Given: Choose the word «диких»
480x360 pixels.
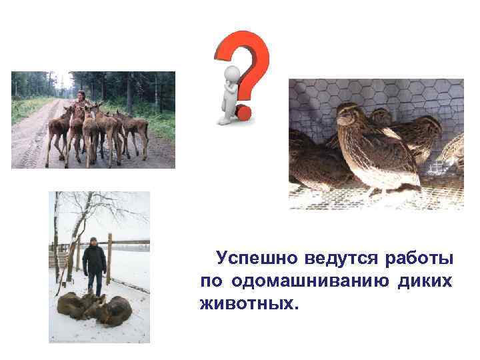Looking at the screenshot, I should point(425,281).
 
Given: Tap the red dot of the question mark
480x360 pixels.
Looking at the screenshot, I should point(245,113).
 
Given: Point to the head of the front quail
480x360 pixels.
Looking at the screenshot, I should point(348,113).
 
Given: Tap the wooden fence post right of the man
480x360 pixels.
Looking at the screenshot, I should point(109,260).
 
